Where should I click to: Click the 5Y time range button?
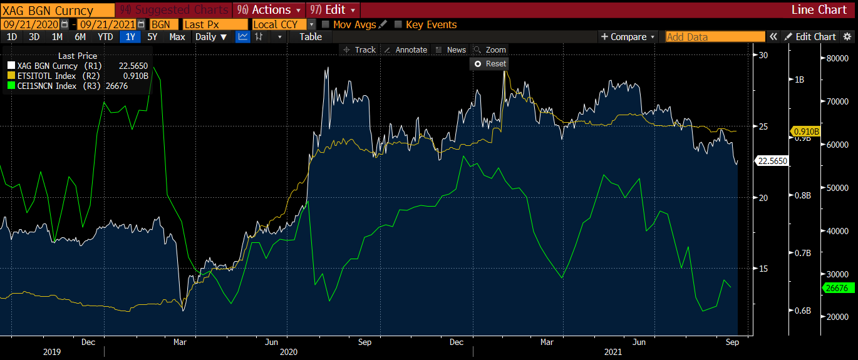tap(152, 36)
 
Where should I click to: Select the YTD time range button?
tap(105, 36)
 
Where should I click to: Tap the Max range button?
tap(177, 36)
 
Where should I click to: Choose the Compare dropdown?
tap(628, 36)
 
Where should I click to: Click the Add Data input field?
tap(715, 37)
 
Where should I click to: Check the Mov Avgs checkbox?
tap(326, 24)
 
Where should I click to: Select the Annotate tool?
tap(405, 49)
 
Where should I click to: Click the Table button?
tap(311, 36)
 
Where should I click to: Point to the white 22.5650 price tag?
tap(772, 161)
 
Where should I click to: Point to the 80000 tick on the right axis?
tap(838, 58)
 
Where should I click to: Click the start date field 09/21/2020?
tap(30, 24)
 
